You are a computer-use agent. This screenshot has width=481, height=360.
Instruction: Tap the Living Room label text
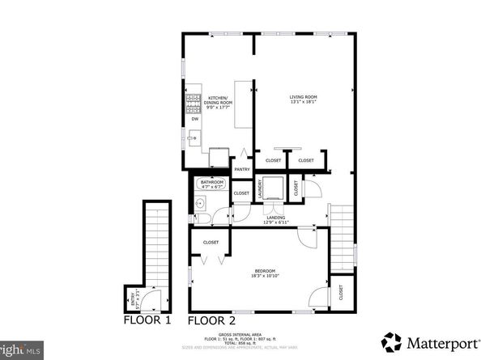click(x=303, y=100)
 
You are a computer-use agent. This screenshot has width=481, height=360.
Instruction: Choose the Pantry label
click(x=241, y=169)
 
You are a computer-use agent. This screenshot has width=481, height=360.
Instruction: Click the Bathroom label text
click(x=212, y=184)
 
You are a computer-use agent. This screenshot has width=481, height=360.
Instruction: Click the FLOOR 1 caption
click(x=147, y=321)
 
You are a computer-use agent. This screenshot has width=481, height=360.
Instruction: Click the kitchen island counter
click(x=243, y=104)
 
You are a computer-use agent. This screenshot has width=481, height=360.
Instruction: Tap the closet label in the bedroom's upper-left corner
click(x=211, y=242)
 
